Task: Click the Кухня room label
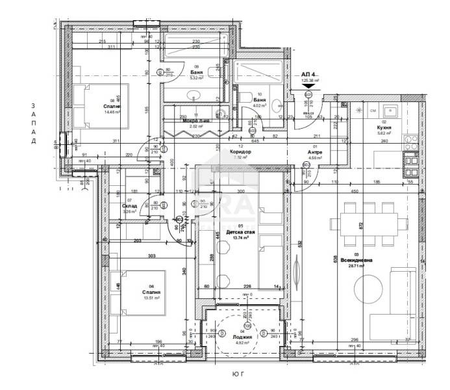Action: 384,129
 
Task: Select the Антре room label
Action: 316,151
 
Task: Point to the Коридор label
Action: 240,151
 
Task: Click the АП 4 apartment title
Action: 308,75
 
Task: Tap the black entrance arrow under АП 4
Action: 308,84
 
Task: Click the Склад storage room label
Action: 129,206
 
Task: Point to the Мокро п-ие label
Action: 195,121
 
